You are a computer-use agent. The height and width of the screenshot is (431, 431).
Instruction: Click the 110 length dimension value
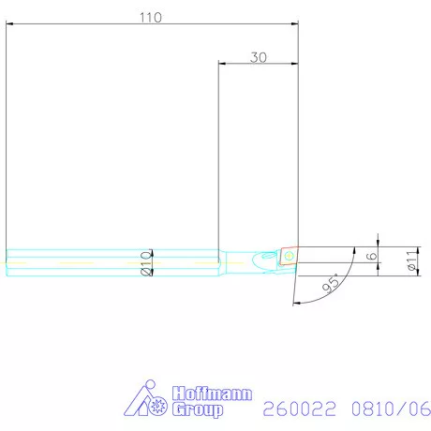tap(149, 17)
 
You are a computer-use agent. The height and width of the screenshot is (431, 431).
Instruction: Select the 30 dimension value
tap(259, 56)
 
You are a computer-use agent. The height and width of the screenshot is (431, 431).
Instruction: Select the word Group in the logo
tap(200, 409)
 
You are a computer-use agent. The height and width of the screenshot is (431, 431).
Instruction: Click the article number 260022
tap(302, 409)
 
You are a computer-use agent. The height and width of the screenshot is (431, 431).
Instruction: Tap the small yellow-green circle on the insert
tap(290, 254)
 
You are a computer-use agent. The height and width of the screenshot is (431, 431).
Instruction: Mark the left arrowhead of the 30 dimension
tap(223, 65)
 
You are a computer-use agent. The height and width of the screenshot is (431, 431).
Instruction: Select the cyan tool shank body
tap(112, 261)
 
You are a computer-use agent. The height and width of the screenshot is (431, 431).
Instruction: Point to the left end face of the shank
tap(7, 262)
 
